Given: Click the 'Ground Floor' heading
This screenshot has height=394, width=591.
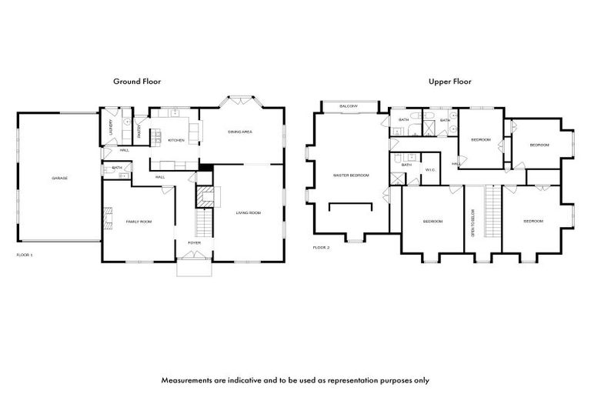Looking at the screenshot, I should tap(137, 81).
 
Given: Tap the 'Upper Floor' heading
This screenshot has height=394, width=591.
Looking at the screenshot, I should tap(450, 81).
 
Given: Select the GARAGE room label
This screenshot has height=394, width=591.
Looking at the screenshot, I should tap(59, 178).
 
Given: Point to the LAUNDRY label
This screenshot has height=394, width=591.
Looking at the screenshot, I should tap(111, 126).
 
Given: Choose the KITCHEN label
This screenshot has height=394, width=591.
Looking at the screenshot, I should tap(176, 140).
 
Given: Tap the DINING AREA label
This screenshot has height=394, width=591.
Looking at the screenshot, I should tap(240, 132).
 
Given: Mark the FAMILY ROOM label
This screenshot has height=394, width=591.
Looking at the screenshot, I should tap(139, 222).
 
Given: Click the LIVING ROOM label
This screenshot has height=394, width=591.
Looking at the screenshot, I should tap(248, 212).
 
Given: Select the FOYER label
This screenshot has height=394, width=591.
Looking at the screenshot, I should tap(194, 242).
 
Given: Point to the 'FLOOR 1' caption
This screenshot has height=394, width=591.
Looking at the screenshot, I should tap(25, 254).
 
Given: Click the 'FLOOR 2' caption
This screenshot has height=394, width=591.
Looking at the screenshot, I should tap(321, 248).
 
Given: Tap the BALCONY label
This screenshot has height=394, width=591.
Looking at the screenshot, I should tap(349, 105).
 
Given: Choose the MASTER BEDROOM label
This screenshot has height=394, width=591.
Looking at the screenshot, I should tap(351, 175).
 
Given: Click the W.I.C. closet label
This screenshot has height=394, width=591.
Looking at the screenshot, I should tap(430, 169).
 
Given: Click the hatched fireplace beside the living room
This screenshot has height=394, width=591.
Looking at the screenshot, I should tap(205, 197).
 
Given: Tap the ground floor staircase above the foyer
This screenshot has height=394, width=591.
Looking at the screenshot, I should tap(203, 224).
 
